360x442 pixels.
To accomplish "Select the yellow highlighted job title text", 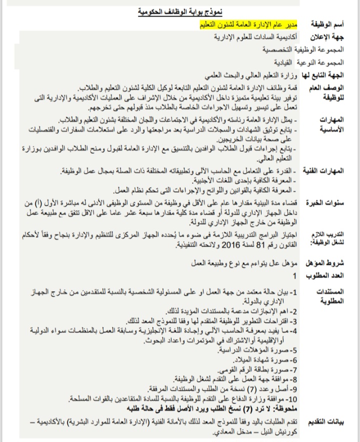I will click(243, 23).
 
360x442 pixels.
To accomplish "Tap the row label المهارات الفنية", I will click(332, 171).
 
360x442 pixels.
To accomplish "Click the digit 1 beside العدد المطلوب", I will click(294, 275).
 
